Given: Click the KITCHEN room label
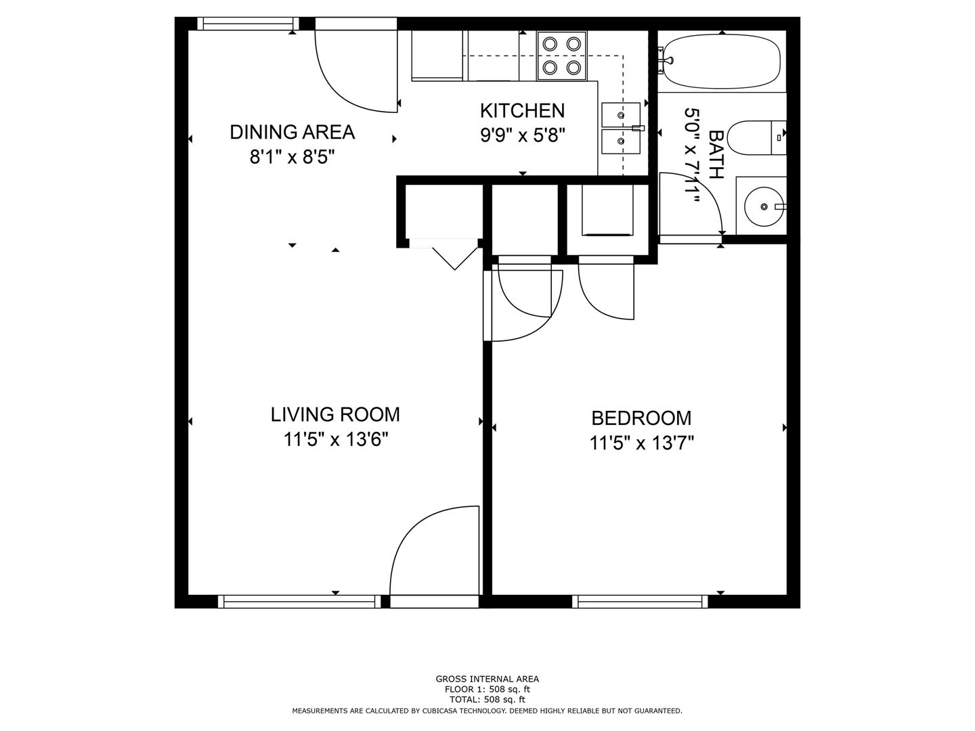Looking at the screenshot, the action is pyautogui.click(x=522, y=110).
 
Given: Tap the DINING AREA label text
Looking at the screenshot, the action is pyautogui.click(x=292, y=132).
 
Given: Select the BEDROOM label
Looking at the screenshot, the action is pyautogui.click(x=641, y=418).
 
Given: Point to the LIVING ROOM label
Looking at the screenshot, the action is pyautogui.click(x=335, y=414).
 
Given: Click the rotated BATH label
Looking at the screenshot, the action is pyautogui.click(x=716, y=154).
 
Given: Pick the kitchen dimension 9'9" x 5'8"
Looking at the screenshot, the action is pyautogui.click(x=522, y=135).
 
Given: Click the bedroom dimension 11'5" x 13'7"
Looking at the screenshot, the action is pyautogui.click(x=641, y=443).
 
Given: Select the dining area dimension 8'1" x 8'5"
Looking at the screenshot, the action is pyautogui.click(x=292, y=157).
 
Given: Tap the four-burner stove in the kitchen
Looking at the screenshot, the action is pyautogui.click(x=562, y=56).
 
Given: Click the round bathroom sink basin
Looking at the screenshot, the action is pyautogui.click(x=764, y=206).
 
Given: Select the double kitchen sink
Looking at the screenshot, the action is pyautogui.click(x=621, y=129).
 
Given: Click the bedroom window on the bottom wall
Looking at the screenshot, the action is pyautogui.click(x=640, y=602).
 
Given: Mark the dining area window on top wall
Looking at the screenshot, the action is pyautogui.click(x=248, y=24).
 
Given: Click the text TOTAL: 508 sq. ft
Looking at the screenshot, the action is pyautogui.click(x=487, y=699).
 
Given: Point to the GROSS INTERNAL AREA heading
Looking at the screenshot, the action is pyautogui.click(x=487, y=679).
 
